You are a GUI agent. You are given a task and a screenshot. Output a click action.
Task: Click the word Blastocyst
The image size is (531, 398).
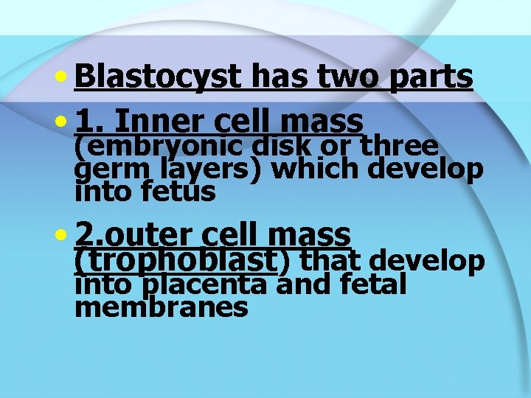coord(158,76)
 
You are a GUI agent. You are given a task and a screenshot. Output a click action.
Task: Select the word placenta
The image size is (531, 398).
coord(207,284)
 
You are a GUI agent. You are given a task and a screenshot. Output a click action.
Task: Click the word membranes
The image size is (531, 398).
coord(162,307)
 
